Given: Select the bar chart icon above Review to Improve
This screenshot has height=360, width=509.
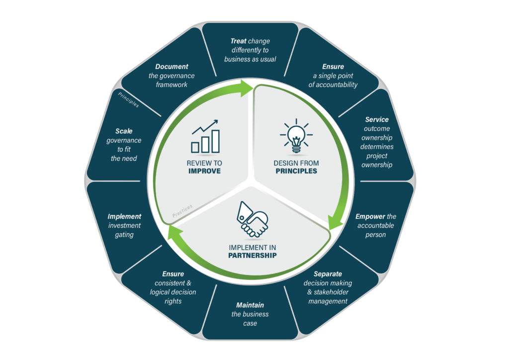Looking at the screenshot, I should [205, 136].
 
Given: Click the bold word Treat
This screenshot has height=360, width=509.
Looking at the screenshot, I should [239, 41].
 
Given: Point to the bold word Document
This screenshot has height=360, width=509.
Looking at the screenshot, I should [171, 67].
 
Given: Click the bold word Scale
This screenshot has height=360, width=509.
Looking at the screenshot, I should [124, 131].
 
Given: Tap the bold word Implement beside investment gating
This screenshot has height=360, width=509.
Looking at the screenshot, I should [124, 216].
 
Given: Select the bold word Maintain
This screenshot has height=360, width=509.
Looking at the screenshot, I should [250, 305].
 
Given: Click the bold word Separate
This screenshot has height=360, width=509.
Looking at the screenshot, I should [328, 274].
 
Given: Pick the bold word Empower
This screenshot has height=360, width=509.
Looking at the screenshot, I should [370, 216].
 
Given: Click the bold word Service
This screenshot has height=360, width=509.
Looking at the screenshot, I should [377, 120].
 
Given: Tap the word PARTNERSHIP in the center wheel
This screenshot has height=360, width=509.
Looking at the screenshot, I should [253, 256].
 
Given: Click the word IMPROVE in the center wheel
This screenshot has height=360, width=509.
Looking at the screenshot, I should [204, 172].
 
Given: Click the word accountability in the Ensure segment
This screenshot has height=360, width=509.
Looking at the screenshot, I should [333, 85].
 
